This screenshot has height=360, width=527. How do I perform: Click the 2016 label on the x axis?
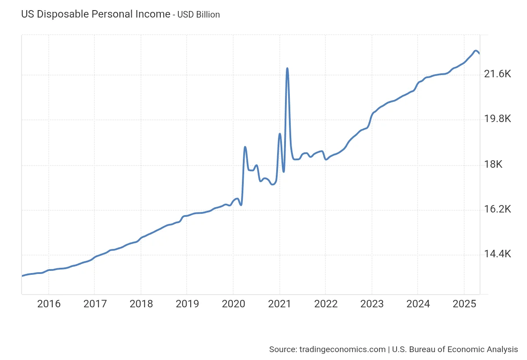48,304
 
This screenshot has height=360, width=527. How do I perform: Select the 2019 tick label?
187,304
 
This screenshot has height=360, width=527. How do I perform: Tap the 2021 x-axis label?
280,304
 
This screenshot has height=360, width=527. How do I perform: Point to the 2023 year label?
372,304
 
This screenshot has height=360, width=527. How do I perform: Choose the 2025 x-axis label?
464,304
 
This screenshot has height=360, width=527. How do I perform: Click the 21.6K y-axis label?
497,74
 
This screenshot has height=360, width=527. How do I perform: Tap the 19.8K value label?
497,119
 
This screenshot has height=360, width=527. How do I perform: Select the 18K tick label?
493,165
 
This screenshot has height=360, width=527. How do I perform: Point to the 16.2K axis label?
497,209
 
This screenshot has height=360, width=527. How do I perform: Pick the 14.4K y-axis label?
497,254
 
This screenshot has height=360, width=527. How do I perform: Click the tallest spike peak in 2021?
287,68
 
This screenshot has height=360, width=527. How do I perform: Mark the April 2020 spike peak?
245,147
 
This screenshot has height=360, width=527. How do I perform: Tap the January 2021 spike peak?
280,134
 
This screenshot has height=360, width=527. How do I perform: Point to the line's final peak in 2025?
476,51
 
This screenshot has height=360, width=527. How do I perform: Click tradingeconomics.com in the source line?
342,349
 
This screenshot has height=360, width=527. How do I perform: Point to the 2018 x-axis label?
141,304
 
